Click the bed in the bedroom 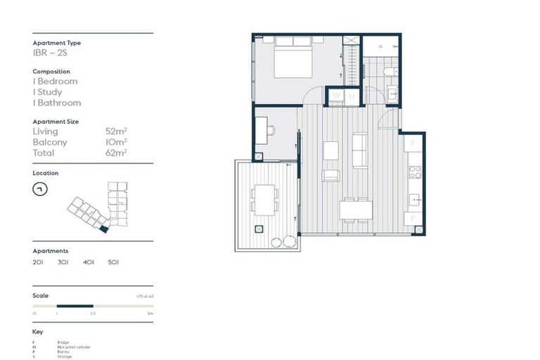[293, 60]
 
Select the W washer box [336, 96]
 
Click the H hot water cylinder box [352, 96]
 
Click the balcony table [264, 200]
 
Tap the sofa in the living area [359, 150]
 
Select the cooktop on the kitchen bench [415, 171]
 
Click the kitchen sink [415, 199]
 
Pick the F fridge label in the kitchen [413, 144]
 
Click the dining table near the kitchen [356, 210]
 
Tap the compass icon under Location [40, 189]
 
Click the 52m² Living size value [115, 131]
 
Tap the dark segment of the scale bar [75, 306]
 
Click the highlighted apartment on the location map [103, 229]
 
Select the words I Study [47, 92]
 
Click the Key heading [38, 331]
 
